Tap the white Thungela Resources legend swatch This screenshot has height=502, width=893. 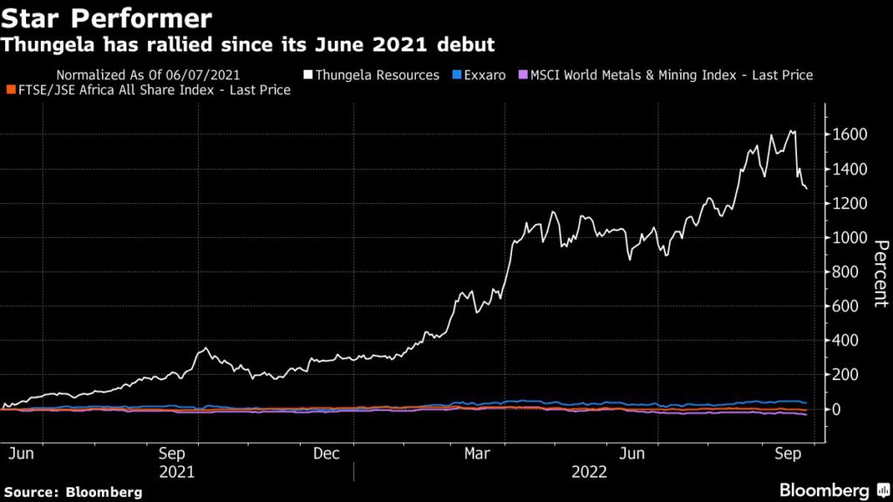pos(309,75)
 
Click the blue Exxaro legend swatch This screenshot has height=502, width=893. pos(458,75)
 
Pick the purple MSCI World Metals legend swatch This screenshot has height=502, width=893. pos(523,75)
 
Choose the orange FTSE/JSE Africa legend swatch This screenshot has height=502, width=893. pos(10,90)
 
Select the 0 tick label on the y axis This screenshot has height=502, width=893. pos(838,409)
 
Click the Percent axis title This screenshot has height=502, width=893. pos(880,273)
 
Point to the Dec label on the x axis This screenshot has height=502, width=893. pos(325,454)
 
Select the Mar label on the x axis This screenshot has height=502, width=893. pos(476,454)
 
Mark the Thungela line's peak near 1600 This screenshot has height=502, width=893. pos(793,131)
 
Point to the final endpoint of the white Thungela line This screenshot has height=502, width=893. pos(807,188)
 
